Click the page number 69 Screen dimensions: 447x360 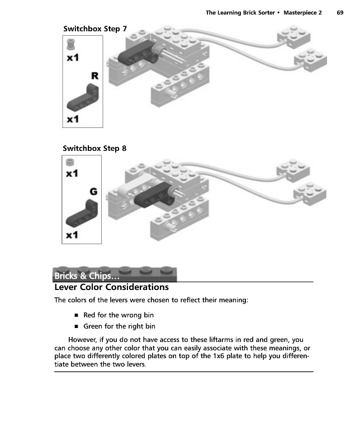pos(340,12)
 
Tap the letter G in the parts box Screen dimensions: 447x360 pos(93,192)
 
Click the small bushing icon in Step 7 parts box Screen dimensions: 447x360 pos(71,44)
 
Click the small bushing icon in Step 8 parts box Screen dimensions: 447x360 pos(70,163)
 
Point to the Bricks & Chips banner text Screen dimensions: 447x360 pos(87,277)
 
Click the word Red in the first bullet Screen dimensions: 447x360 pos(90,315)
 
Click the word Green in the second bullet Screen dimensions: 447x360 pos(93,326)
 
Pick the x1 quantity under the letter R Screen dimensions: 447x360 pos(72,120)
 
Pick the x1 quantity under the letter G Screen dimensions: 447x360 pos(72,235)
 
